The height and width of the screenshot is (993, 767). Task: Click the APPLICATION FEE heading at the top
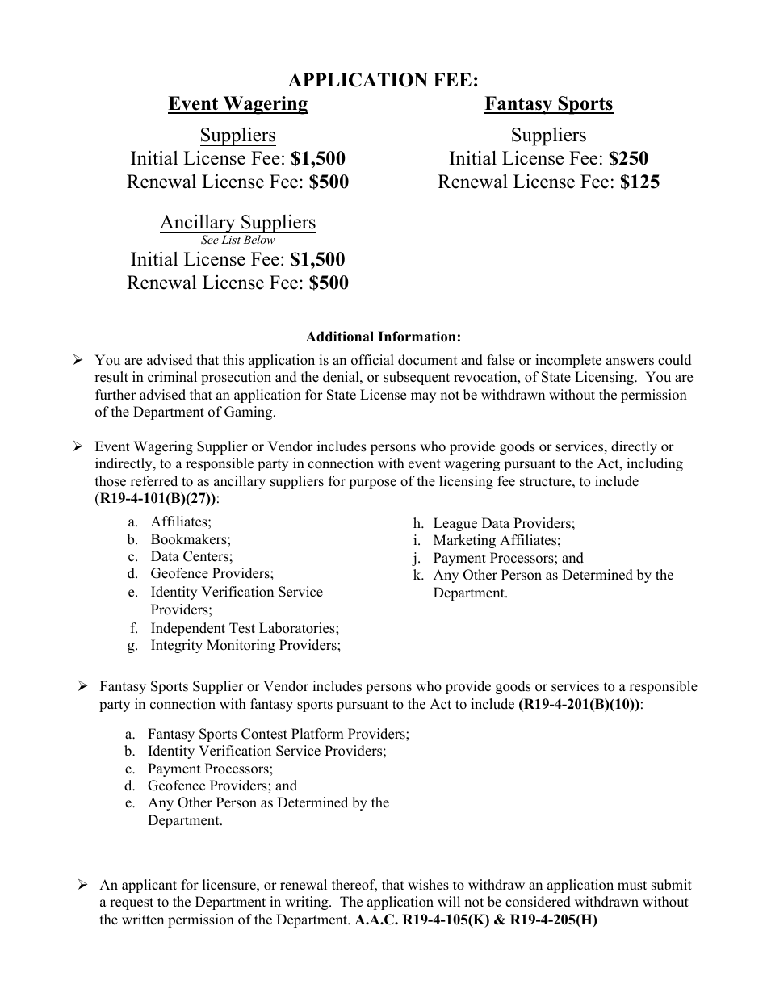coord(383,80)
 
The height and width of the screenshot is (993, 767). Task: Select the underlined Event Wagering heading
coord(237,103)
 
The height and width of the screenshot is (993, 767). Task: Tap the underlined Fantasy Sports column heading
coord(548,103)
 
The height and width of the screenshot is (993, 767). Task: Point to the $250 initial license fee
coord(628,158)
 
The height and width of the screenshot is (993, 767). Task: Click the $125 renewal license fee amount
coord(639,182)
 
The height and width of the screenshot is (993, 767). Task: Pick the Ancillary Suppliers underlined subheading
coord(237,222)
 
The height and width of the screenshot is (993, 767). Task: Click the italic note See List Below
coord(237,240)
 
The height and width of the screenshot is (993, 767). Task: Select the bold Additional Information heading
coord(383,337)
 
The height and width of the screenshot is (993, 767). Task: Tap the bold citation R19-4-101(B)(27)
coord(156,498)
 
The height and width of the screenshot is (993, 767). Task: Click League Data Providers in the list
coord(504,523)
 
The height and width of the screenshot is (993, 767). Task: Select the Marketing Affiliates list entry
coord(497,540)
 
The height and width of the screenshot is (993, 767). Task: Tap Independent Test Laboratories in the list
coord(245,628)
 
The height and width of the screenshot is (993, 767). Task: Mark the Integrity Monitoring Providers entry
coord(245,645)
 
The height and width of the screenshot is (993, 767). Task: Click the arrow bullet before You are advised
coord(78,360)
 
